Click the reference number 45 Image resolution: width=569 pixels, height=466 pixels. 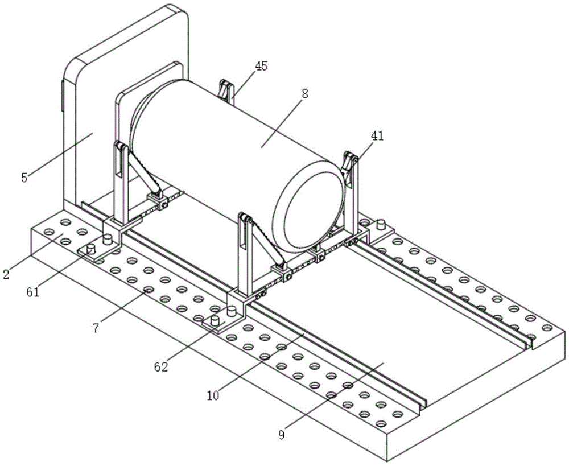(261, 66)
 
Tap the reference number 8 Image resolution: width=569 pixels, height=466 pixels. (305, 94)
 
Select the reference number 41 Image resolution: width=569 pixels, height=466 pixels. (377, 136)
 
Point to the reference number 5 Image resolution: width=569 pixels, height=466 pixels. (24, 177)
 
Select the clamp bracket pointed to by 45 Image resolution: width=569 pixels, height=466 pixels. (226, 91)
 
